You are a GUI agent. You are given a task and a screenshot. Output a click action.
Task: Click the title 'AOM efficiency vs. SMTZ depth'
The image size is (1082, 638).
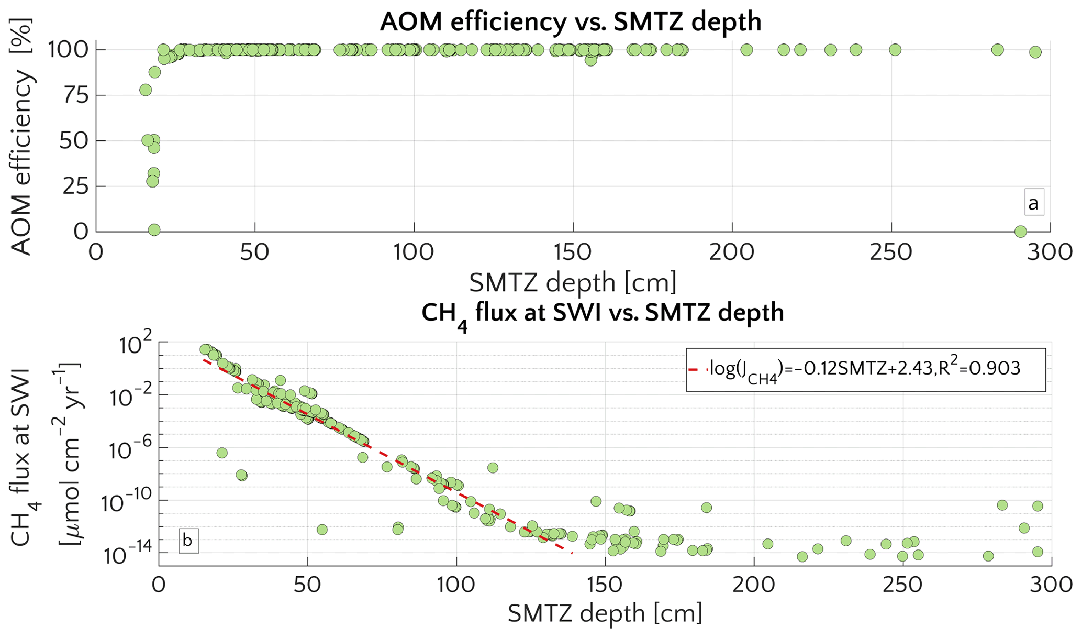point(570,22)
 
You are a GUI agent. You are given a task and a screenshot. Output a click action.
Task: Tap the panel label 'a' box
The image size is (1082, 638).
point(1034,203)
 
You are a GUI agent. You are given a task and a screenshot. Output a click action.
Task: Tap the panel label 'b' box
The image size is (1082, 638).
point(188,540)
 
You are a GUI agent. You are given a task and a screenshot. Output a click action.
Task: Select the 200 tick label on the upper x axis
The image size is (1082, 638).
point(731,253)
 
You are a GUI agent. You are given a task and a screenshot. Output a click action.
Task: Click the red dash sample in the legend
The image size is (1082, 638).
point(696,369)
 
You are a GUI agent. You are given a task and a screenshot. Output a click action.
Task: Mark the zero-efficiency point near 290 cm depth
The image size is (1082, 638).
point(1020,231)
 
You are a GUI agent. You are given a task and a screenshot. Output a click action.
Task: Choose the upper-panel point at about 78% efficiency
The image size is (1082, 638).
point(146,90)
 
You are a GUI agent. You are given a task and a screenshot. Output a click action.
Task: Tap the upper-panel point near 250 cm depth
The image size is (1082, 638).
point(895,50)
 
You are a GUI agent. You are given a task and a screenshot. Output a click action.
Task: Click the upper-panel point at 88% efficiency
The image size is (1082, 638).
point(154,72)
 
